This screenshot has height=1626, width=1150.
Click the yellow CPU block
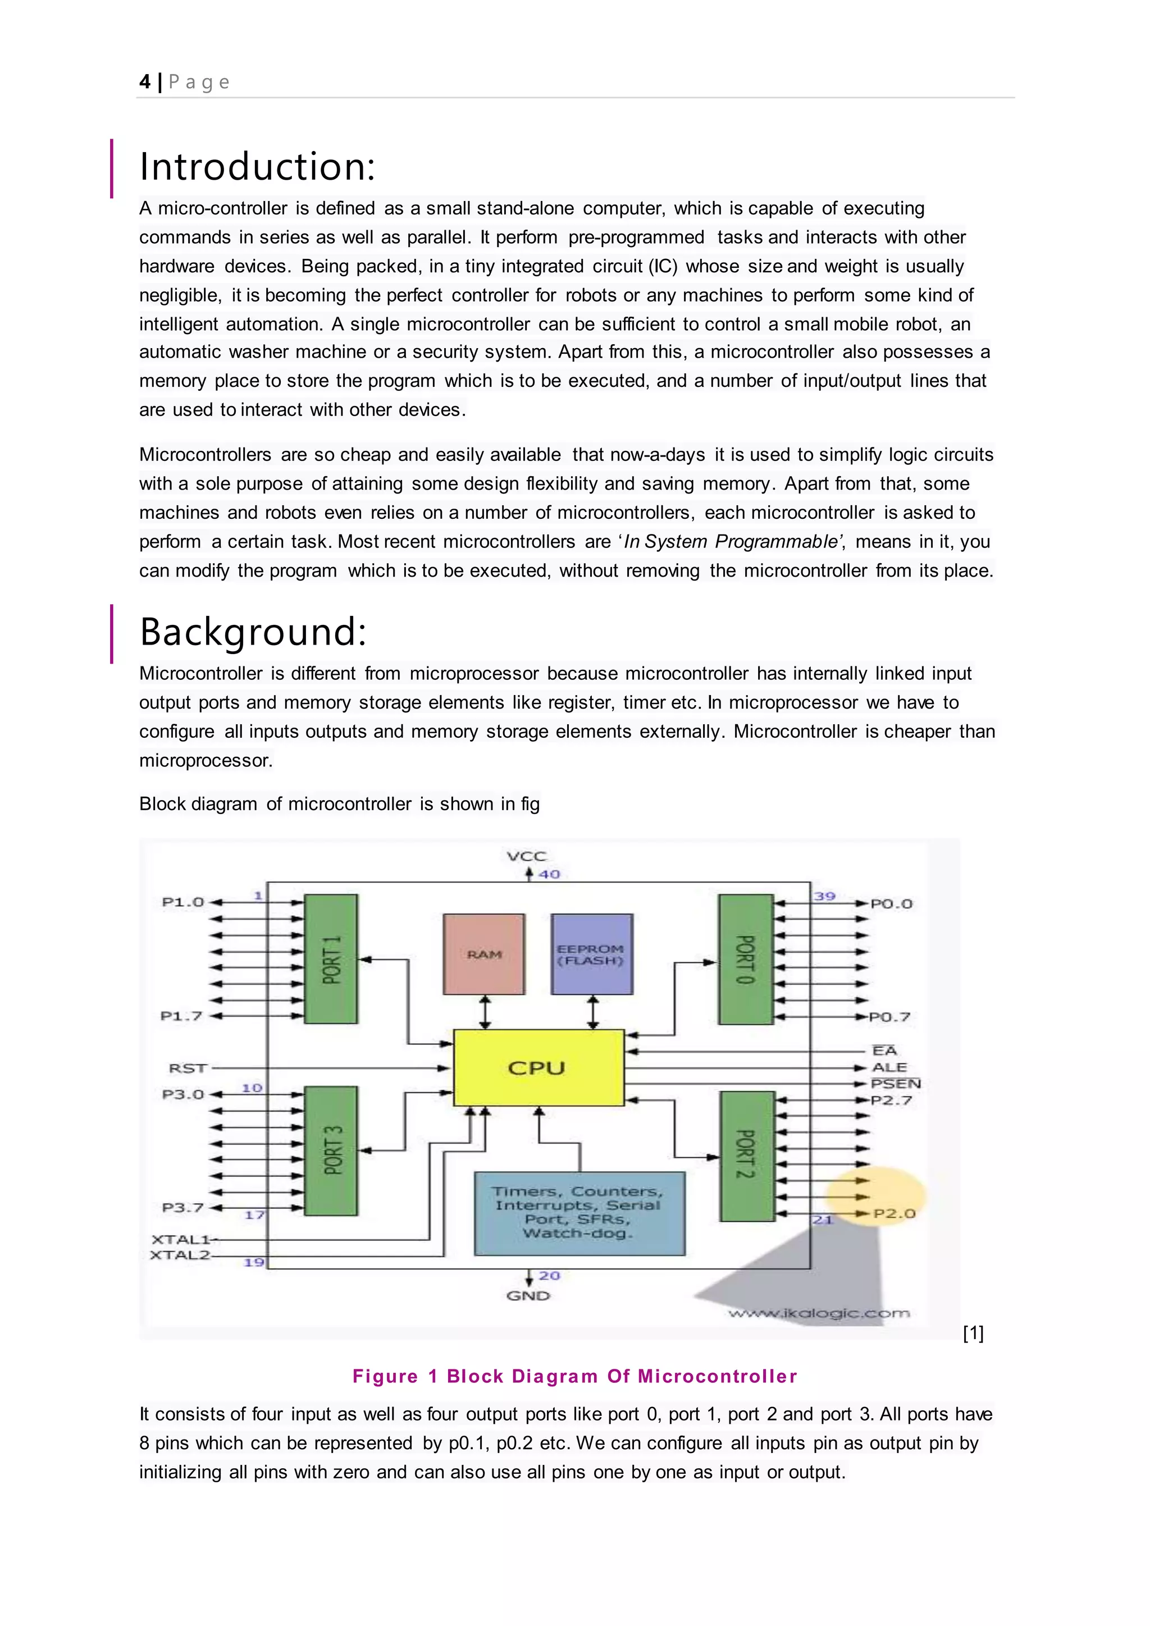coord(538,1068)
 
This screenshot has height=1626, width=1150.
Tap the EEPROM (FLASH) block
coord(591,954)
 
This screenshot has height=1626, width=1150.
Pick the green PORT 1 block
coord(331,958)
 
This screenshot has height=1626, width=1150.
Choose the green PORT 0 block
coord(745,959)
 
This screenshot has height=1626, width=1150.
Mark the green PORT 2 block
coord(746,1155)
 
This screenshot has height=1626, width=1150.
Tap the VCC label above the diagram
coord(526,856)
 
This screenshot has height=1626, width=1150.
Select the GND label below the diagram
coord(528,1295)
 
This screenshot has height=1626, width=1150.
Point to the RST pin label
coord(188,1068)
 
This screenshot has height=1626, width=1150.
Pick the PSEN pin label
coord(895,1084)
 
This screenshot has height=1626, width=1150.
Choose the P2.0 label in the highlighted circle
coord(893,1213)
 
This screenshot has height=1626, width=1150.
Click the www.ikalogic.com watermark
coord(819,1314)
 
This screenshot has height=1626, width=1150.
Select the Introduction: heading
coord(257,167)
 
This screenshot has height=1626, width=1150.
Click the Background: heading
coord(253,632)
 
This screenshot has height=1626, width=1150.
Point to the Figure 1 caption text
coord(574,1376)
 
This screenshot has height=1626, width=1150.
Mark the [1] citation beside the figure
coord(973,1333)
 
